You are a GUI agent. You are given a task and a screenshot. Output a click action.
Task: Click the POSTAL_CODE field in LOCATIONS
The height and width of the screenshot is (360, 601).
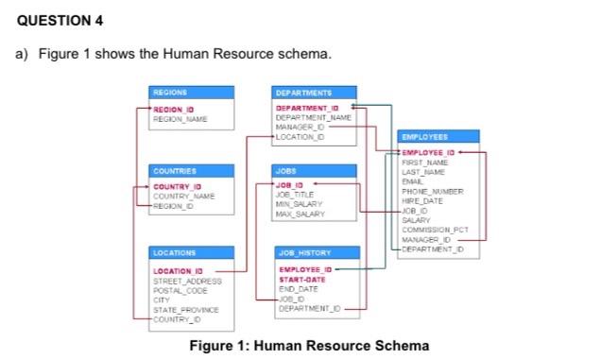tap(179, 291)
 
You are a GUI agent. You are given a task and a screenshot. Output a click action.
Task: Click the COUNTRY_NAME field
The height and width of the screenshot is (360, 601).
tap(183, 196)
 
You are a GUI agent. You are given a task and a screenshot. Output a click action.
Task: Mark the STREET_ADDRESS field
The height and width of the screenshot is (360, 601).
tap(186, 282)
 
